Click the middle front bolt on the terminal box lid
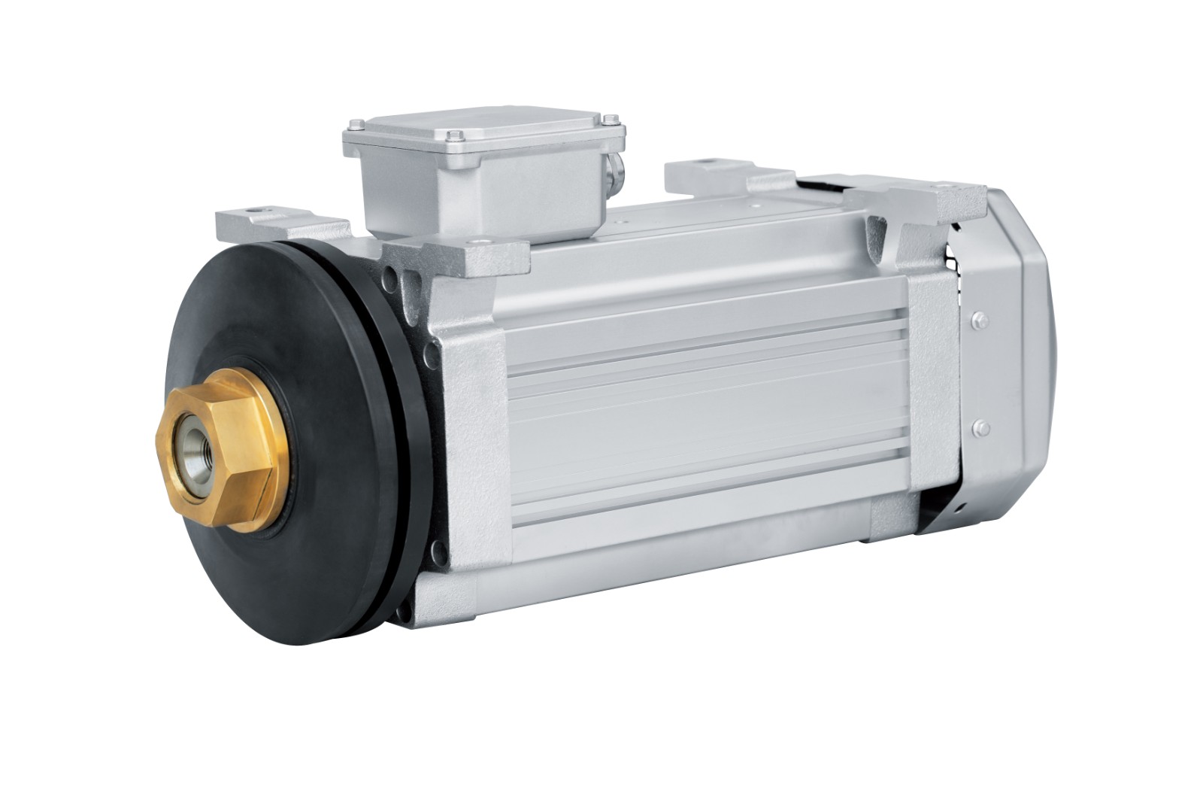click(453, 136)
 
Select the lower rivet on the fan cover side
click(979, 427)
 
